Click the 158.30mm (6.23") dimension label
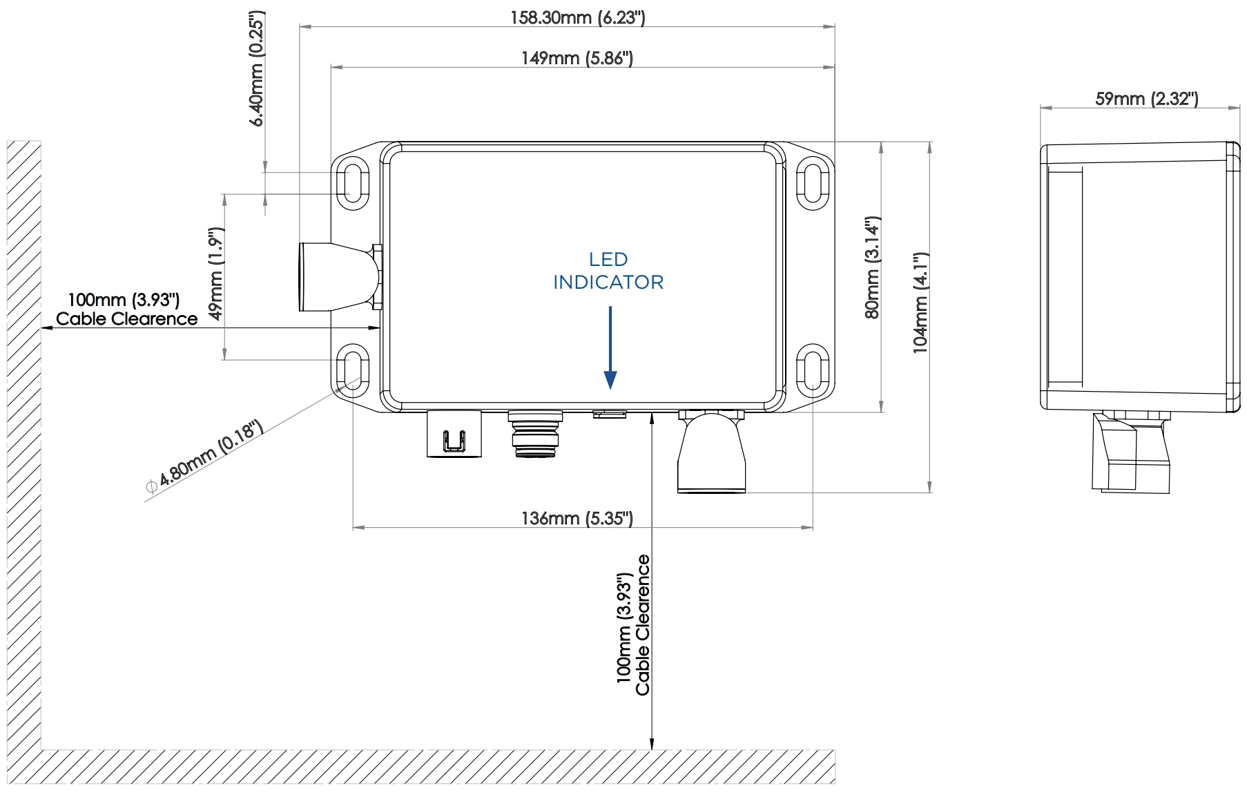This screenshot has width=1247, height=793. point(577,17)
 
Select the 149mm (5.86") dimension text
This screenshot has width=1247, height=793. point(577,58)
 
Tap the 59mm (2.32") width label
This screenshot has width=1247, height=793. point(1146,99)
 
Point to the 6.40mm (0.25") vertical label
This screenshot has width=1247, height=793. point(257,69)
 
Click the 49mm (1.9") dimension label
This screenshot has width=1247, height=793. point(216,274)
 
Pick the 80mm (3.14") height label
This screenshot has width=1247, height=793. point(873,267)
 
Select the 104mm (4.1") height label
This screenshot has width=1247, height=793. point(920,303)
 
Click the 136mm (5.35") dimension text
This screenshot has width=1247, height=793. point(577,518)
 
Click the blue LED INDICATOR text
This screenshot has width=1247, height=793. point(608,271)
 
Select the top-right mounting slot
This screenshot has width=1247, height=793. point(813,183)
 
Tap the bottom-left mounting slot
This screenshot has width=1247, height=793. point(352,370)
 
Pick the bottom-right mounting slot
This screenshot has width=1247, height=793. point(813,370)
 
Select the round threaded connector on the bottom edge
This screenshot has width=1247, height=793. point(535,434)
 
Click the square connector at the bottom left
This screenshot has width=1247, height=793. point(454,434)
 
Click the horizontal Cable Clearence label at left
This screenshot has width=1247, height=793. point(126,318)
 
